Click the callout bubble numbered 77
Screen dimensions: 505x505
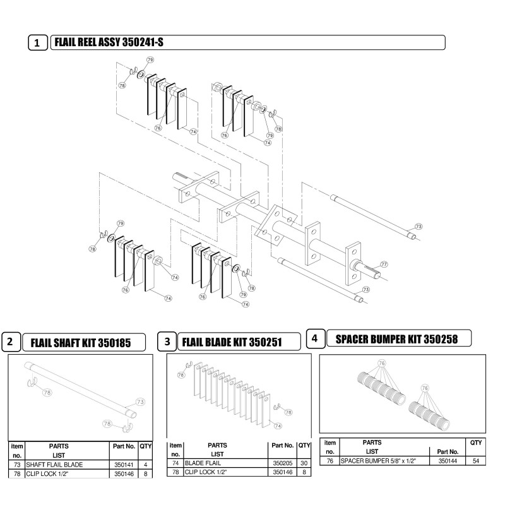(383, 264)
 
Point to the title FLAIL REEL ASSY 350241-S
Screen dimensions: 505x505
(111, 42)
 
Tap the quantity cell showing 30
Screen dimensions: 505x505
(304, 463)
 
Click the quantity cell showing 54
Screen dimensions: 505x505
(476, 461)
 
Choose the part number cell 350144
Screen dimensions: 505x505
(448, 461)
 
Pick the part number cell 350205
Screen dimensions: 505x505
(282, 463)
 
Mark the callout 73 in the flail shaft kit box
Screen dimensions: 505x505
(140, 401)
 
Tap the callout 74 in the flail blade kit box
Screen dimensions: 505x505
(277, 425)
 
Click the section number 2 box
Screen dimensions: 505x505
(11, 343)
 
